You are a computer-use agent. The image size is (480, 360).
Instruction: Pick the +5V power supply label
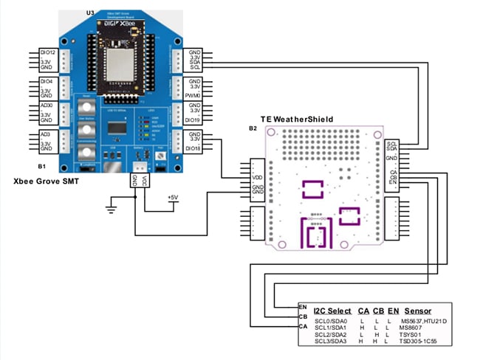pyautogui.click(x=171, y=197)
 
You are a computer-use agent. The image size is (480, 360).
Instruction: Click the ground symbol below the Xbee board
pyautogui.click(x=112, y=209)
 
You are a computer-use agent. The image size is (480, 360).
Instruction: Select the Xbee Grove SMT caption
pyautogui.click(x=47, y=180)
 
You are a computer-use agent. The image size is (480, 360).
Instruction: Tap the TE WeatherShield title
pyautogui.click(x=297, y=119)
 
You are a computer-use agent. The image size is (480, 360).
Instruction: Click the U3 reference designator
pyautogui.click(x=90, y=13)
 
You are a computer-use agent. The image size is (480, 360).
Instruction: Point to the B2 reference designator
pyautogui.click(x=253, y=129)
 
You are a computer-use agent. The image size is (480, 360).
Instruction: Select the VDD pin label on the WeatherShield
pyautogui.click(x=257, y=177)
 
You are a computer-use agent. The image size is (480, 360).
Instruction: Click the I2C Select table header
pyautogui.click(x=332, y=311)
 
